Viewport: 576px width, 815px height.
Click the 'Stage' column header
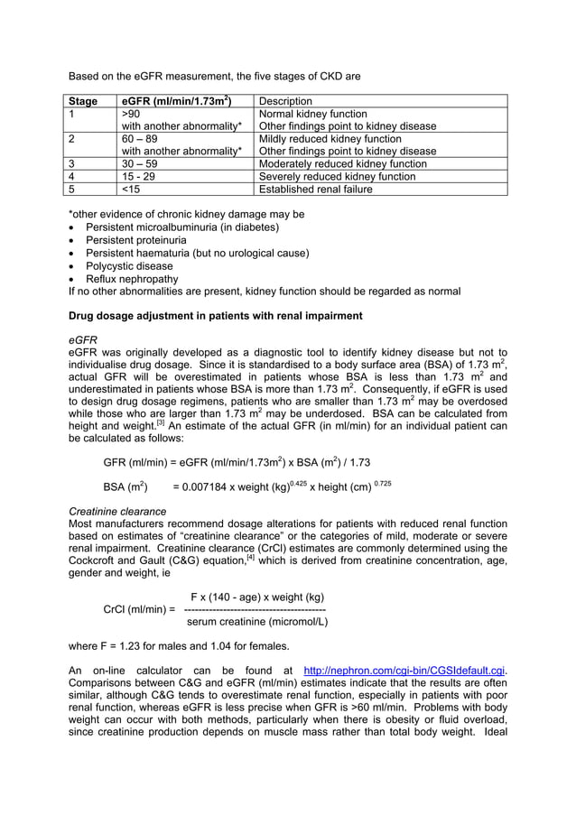(x=84, y=101)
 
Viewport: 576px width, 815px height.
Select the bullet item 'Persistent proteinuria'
(x=136, y=241)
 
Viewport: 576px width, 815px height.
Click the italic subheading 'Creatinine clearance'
(x=117, y=512)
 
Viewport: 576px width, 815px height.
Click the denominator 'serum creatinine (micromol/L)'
(x=256, y=622)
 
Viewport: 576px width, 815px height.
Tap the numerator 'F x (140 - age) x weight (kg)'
(x=257, y=597)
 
